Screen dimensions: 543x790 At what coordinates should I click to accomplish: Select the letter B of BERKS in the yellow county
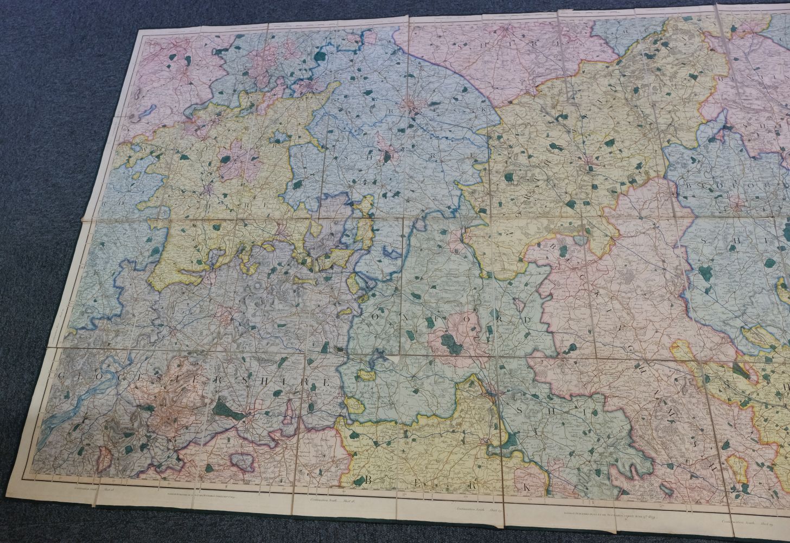[x=359, y=480]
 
